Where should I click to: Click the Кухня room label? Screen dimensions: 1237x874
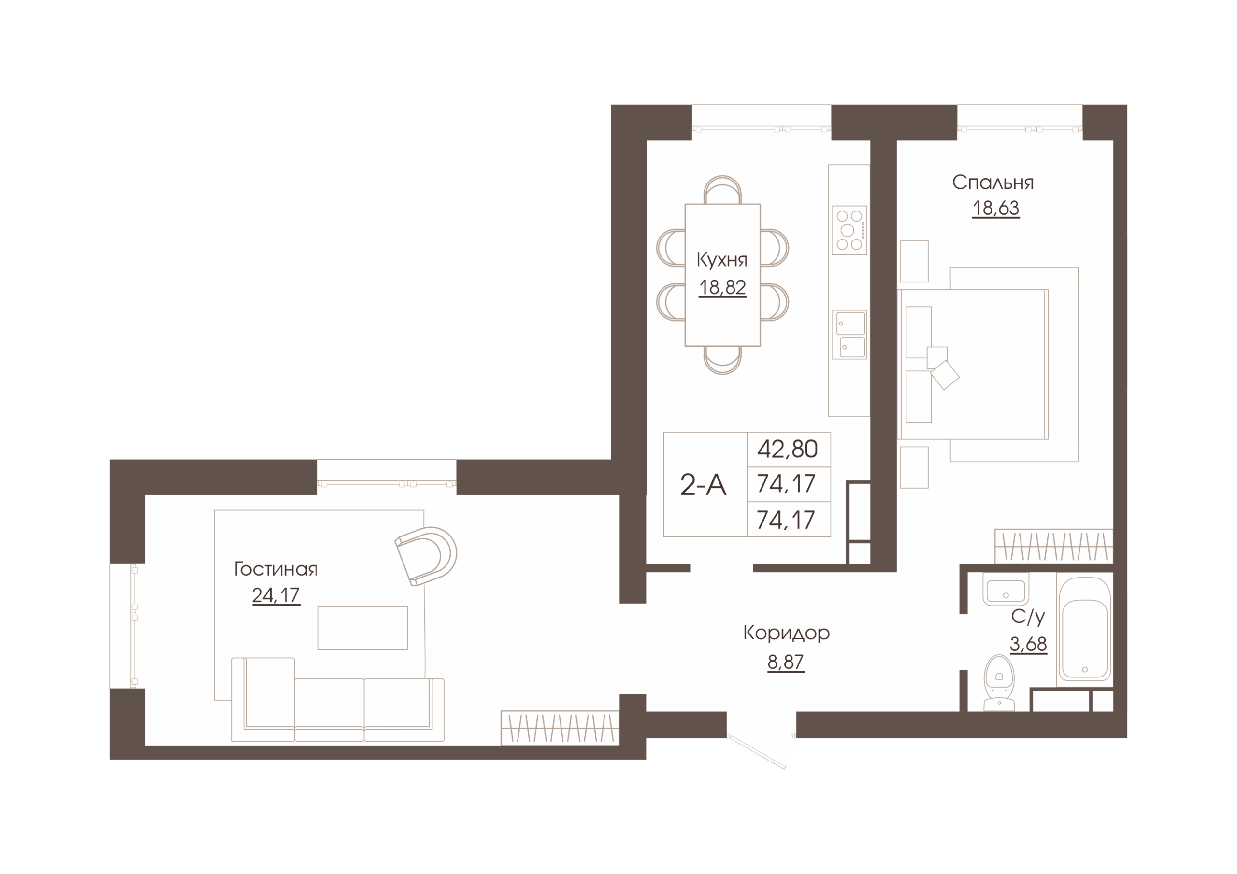[722, 260]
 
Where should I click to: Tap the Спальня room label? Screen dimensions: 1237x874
[992, 183]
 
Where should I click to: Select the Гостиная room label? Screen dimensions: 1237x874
[276, 569]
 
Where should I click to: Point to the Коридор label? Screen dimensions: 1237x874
[786, 633]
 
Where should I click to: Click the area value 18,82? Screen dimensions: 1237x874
[722, 288]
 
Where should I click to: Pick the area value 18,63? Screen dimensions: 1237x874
[995, 209]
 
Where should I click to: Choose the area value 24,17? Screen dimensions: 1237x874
[276, 595]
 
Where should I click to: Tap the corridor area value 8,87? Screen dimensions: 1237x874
[786, 662]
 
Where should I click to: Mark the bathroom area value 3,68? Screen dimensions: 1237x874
[1028, 644]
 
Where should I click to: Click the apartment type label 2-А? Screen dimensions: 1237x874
[703, 485]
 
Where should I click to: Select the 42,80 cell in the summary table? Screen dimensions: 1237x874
[788, 449]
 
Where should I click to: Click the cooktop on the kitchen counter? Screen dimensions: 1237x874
[849, 230]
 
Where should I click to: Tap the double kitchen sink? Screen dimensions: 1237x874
[849, 335]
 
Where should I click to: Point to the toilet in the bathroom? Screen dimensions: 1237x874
[999, 683]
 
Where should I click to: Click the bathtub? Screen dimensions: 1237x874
[1084, 630]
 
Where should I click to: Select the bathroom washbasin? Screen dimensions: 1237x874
[1006, 590]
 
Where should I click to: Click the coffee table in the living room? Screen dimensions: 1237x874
[362, 628]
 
